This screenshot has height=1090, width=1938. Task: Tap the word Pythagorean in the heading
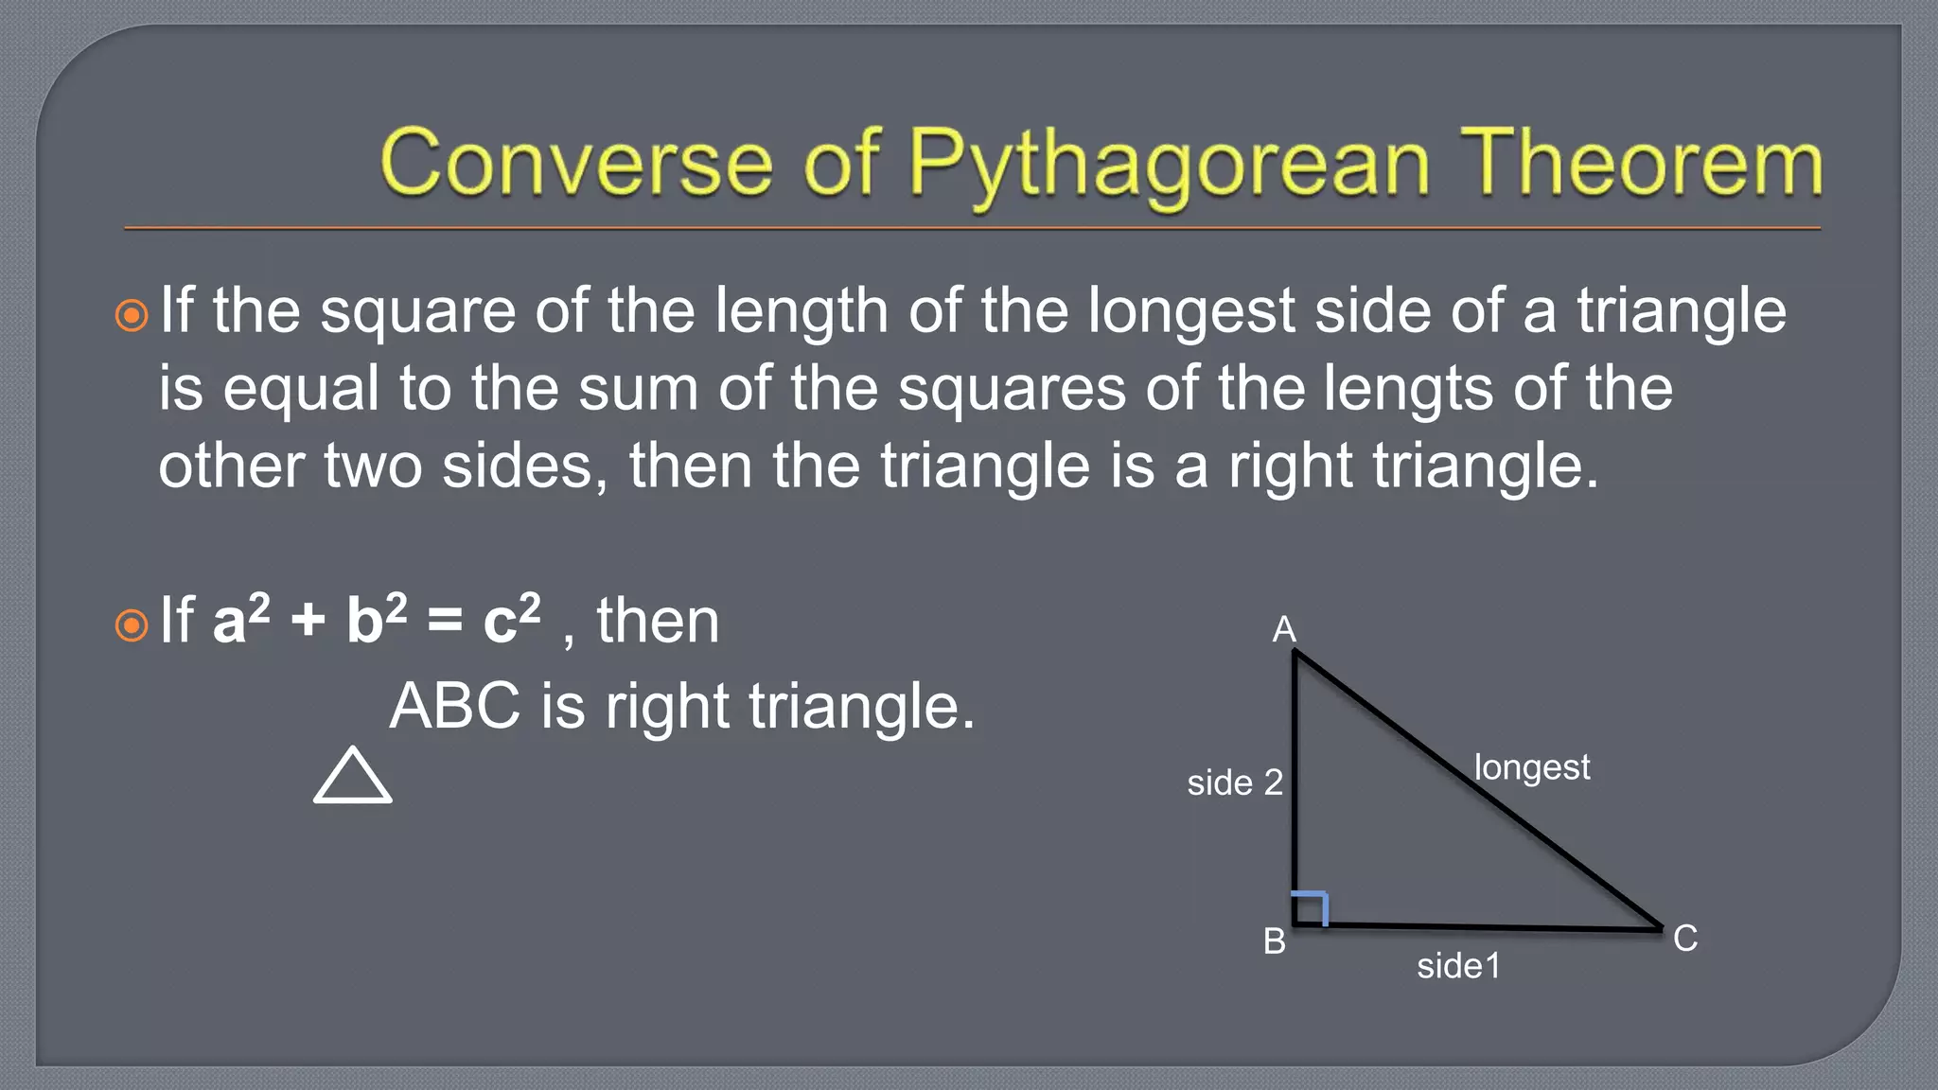[x=1169, y=166]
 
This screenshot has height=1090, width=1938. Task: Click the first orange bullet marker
[x=132, y=315]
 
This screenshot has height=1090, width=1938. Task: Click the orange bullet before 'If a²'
[x=132, y=625]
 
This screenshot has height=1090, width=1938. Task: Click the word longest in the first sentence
[x=1190, y=312]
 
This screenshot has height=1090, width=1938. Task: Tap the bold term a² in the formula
[x=240, y=620]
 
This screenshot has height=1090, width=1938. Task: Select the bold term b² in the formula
[x=376, y=620]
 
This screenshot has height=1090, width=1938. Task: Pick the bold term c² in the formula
[x=511, y=620]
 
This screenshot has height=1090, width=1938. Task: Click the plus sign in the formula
[x=308, y=623]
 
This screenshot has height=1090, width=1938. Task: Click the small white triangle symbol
[x=352, y=777]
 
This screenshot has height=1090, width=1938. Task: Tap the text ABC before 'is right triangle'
[x=455, y=706]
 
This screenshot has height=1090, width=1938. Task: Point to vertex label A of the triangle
[x=1283, y=629]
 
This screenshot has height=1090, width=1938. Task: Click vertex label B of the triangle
[x=1275, y=941]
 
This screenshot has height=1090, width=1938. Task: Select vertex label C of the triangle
[x=1684, y=939]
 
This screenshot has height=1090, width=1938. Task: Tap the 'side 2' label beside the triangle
[x=1235, y=782]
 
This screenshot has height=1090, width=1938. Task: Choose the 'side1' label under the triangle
[x=1458, y=966]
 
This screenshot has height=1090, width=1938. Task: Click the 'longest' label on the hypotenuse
[x=1531, y=767]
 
